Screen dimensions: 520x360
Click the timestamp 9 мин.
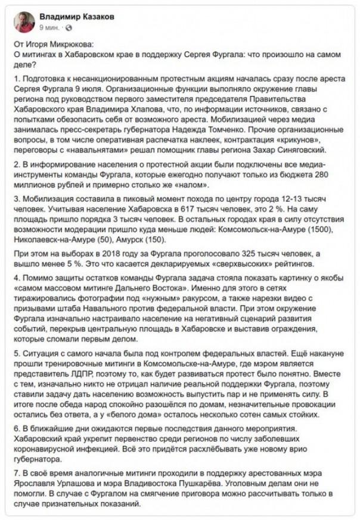(49, 28)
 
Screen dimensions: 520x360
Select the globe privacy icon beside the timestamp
(67, 28)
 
